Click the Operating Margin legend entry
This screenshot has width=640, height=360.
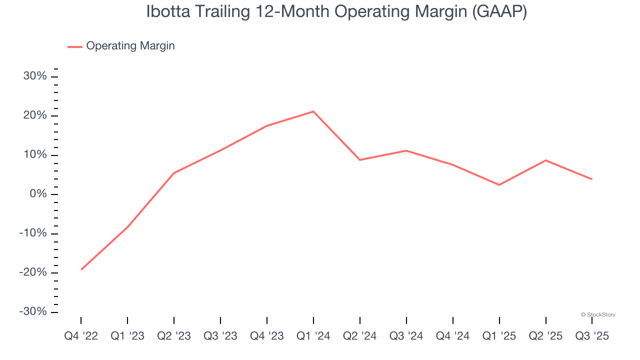130,46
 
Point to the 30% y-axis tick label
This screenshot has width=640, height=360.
35,76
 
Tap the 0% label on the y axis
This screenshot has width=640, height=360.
38,194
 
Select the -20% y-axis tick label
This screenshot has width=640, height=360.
33,272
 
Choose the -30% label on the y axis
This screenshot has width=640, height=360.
33,311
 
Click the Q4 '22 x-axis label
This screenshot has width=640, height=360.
81,336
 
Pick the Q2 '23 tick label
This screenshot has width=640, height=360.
174,336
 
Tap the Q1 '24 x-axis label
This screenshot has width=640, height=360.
313,336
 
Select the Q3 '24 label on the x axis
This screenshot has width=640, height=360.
406,336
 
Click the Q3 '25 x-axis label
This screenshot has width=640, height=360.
592,336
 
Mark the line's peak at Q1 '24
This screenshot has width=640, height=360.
313,111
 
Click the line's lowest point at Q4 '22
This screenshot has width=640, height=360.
81,269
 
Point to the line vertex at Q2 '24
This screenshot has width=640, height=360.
360,160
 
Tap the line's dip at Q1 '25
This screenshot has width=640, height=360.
499,185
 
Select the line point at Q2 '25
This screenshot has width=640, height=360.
545,160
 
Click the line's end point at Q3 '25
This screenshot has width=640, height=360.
592,179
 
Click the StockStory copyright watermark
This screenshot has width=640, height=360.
598,315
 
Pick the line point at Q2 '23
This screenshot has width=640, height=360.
174,173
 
